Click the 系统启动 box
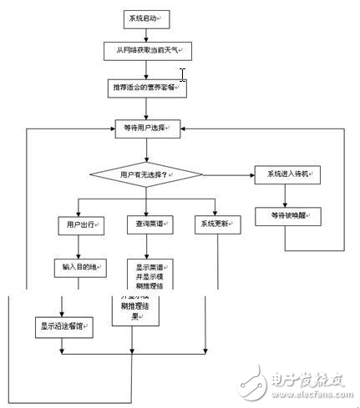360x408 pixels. pyautogui.click(x=147, y=18)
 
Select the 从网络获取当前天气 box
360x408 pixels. pyautogui.click(x=147, y=51)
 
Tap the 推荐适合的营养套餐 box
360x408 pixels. pyautogui.click(x=147, y=88)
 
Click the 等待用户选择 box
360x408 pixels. pyautogui.click(x=147, y=128)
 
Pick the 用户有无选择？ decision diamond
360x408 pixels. pyautogui.click(x=147, y=174)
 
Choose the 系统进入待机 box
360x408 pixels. pyautogui.click(x=288, y=174)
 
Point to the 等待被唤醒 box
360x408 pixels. pyautogui.click(x=288, y=215)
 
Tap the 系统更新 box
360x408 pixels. pyautogui.click(x=216, y=224)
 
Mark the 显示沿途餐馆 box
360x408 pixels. pyautogui.click(x=61, y=326)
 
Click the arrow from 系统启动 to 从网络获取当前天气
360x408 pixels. pyautogui.click(x=147, y=33)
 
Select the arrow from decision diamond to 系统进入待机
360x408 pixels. pyautogui.click(x=230, y=174)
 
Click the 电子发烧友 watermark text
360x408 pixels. pyautogui.click(x=296, y=380)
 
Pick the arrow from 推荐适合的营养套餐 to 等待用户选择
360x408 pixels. pyautogui.click(x=147, y=108)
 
